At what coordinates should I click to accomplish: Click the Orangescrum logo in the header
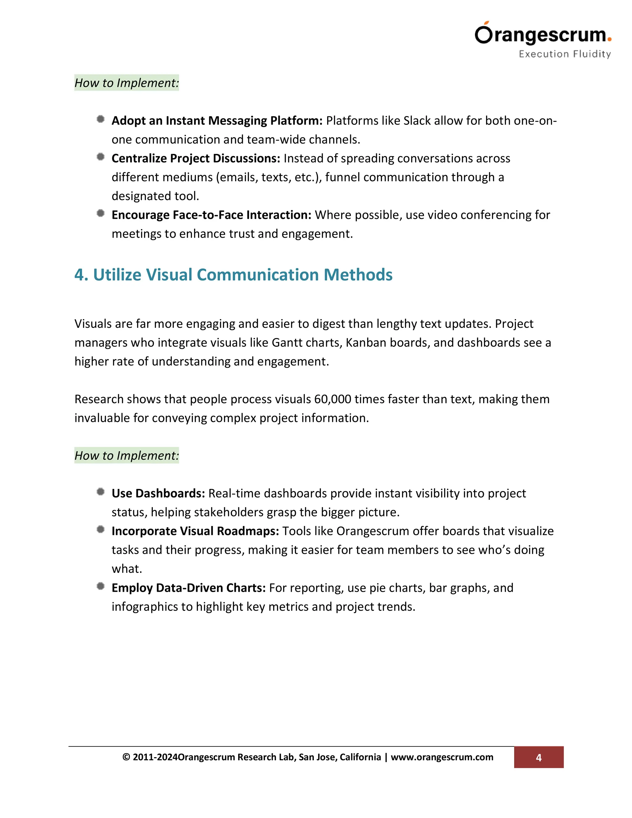click(x=543, y=35)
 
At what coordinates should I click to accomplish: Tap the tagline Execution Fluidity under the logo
click(x=565, y=54)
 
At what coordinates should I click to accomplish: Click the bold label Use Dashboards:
click(x=158, y=493)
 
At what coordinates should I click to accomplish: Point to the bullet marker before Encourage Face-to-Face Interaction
click(x=100, y=213)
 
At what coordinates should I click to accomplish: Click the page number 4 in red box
click(x=538, y=758)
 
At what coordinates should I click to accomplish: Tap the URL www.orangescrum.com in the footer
click(x=442, y=757)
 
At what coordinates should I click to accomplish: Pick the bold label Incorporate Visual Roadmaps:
click(x=195, y=531)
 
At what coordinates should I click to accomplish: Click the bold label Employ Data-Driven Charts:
click(x=188, y=588)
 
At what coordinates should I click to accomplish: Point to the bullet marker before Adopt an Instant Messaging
click(x=100, y=119)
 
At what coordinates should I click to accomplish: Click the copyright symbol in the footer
click(x=126, y=757)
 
